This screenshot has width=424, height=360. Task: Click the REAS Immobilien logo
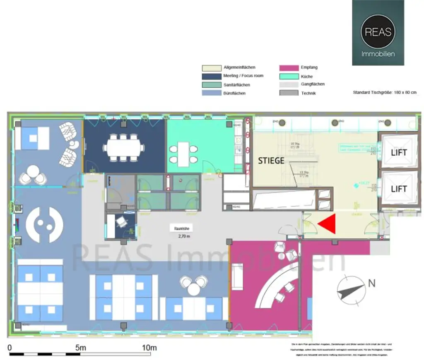(378, 33)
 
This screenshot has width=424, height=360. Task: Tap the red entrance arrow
(328, 224)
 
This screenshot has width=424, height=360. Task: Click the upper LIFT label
(399, 152)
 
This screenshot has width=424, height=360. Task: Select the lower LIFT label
(399, 189)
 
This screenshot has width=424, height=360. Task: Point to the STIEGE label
(271, 161)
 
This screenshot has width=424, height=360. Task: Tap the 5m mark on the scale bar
(80, 348)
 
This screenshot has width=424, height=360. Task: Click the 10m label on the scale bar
(149, 348)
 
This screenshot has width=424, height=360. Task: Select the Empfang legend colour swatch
(289, 68)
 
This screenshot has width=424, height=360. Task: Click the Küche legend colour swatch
(289, 77)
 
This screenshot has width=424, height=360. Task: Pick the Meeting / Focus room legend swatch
(211, 76)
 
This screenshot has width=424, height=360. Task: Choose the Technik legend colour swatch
(289, 93)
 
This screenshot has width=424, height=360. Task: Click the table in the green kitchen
(183, 153)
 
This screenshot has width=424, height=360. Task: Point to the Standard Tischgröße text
(384, 93)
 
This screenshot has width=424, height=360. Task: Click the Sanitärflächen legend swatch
(211, 85)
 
